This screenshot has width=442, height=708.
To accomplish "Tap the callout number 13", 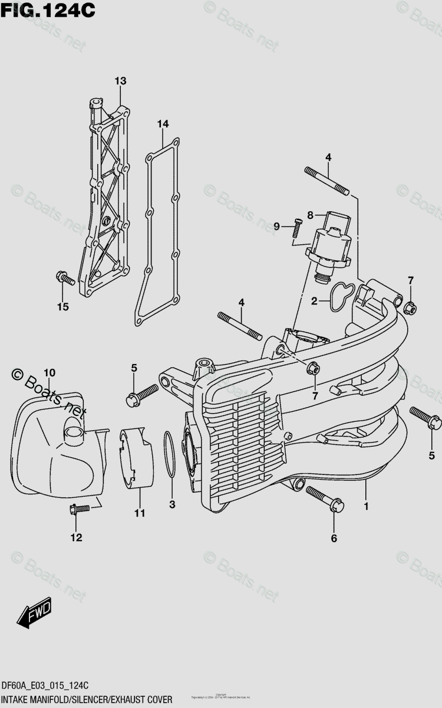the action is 120,80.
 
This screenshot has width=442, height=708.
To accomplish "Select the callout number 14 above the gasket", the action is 163,123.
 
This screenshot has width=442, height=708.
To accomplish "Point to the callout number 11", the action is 138,513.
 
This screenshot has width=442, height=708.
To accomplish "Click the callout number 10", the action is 50,372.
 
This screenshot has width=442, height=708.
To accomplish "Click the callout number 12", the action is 76,537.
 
